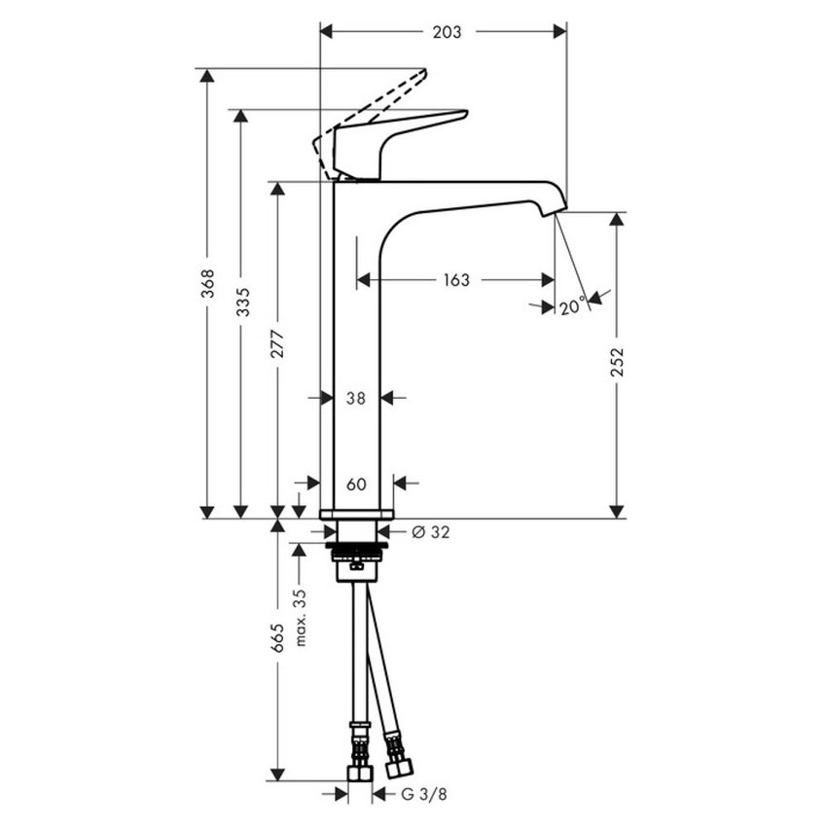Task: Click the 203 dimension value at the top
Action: coord(447,32)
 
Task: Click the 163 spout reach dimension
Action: coord(455,280)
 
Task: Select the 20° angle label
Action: coord(573,307)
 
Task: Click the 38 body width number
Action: coord(356,398)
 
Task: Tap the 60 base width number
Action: coord(356,484)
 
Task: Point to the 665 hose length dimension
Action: coord(278,637)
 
